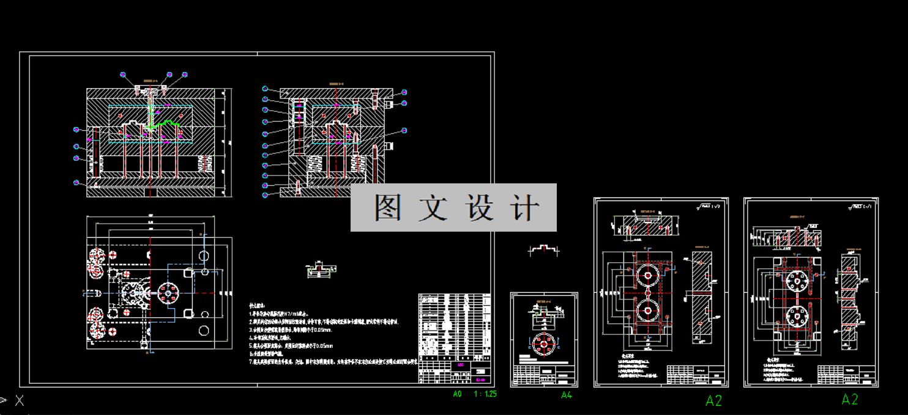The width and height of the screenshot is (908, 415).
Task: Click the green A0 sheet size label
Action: pos(457,394)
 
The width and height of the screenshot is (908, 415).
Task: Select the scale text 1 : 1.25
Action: pos(485,394)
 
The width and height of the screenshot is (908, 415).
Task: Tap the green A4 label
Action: pos(567,395)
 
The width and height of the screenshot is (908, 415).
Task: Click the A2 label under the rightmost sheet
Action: pos(850,400)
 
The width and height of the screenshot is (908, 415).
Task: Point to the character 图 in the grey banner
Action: pos(388,208)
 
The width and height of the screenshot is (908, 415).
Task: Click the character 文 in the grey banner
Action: pos(434,208)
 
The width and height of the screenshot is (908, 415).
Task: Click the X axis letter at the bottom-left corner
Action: pos(20,401)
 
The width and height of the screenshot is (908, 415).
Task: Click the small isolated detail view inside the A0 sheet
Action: pos(321,269)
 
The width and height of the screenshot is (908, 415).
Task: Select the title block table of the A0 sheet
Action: pos(454,339)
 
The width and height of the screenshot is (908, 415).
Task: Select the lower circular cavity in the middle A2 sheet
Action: pos(647,311)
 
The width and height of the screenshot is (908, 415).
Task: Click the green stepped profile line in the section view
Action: pos(164,126)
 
